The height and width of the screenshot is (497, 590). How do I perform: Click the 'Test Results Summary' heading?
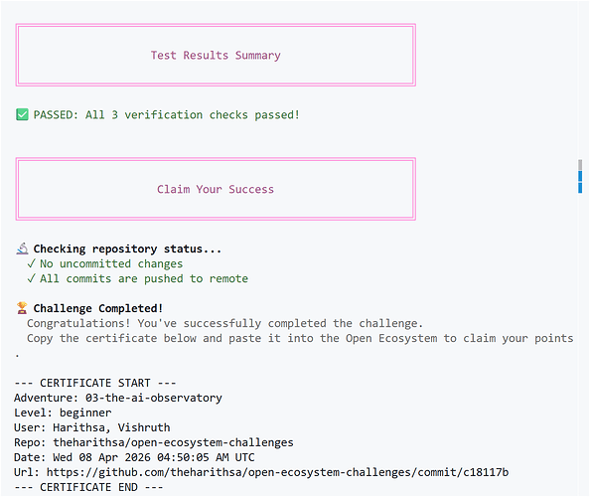click(216, 56)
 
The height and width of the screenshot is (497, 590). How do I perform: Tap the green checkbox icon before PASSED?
click(22, 114)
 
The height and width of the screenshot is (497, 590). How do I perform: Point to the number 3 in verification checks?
click(115, 115)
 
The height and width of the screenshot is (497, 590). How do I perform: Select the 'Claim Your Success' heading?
click(216, 189)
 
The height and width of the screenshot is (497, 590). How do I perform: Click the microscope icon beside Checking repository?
click(22, 248)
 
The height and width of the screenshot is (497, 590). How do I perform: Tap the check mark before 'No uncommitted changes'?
click(31, 263)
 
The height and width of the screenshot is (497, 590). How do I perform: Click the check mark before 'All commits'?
click(31, 278)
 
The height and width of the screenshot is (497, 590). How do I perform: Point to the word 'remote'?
click(228, 278)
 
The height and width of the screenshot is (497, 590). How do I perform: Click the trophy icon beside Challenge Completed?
click(22, 308)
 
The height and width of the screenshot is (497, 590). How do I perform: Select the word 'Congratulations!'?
click(78, 323)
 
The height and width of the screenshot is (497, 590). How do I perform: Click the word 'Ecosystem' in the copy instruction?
click(408, 338)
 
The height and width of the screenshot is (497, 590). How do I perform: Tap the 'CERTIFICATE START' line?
click(95, 383)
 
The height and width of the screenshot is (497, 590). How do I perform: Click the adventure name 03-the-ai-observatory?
click(154, 398)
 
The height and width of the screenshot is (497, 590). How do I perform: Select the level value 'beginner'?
click(85, 413)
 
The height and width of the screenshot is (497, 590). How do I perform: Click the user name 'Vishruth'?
click(144, 427)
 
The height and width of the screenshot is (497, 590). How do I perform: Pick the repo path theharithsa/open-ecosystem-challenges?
click(173, 442)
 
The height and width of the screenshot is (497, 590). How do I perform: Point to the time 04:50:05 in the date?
click(183, 457)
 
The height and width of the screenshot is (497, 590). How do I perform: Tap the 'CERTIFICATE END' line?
click(88, 487)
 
